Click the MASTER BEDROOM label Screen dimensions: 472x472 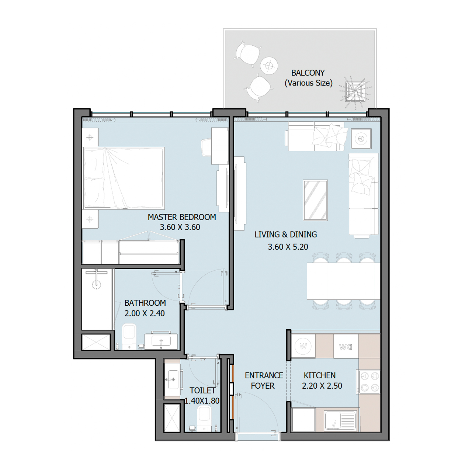[x=182, y=217]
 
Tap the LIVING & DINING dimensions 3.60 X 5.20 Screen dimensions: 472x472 [x=288, y=247]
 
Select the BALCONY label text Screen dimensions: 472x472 [x=308, y=73]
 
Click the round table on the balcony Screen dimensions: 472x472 [x=269, y=65]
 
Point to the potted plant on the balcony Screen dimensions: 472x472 [x=355, y=91]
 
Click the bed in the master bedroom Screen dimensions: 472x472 [x=124, y=178]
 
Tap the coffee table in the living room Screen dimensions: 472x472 [x=315, y=200]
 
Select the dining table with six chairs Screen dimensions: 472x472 [x=343, y=281]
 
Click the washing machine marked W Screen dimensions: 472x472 [x=303, y=346]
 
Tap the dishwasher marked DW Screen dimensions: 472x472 [x=346, y=346]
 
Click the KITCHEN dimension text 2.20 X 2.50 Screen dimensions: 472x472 [x=322, y=386]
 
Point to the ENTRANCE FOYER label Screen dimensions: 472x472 [x=264, y=381]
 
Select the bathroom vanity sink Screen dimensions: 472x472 [x=161, y=340]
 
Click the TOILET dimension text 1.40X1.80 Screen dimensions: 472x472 [x=202, y=401]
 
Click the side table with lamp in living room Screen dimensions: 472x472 [x=361, y=138]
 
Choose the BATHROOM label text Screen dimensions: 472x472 [x=145, y=303]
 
